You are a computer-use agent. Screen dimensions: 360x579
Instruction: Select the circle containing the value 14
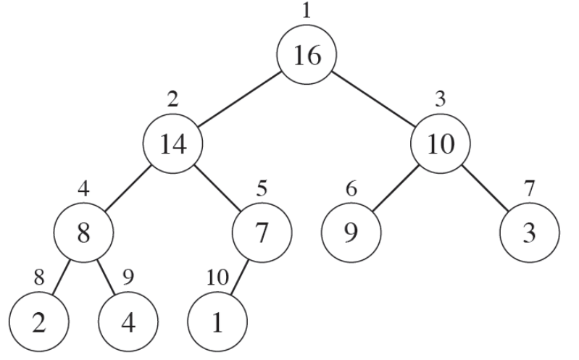(x=173, y=144)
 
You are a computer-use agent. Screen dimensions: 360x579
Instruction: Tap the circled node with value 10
(x=441, y=144)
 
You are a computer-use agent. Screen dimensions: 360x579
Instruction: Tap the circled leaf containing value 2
(x=39, y=321)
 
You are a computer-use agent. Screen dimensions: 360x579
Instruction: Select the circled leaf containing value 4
(x=128, y=321)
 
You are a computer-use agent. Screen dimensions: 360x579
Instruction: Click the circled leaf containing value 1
(x=217, y=321)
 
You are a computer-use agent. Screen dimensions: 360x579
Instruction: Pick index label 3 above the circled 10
(x=440, y=100)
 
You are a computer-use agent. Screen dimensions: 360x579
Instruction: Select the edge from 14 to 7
(x=217, y=190)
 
